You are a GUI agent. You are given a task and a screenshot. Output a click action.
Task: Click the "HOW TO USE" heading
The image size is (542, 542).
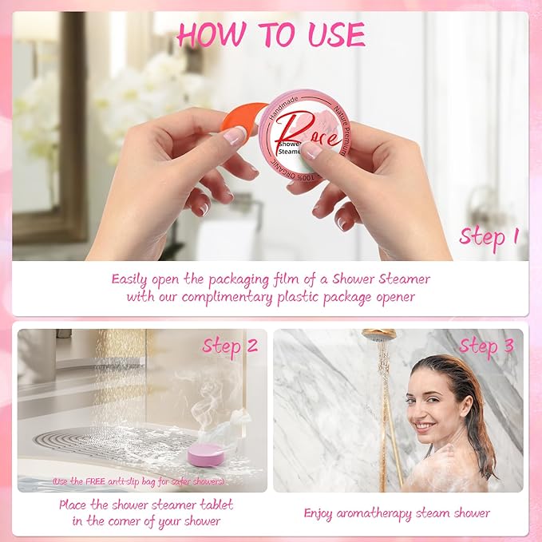coord(271,35)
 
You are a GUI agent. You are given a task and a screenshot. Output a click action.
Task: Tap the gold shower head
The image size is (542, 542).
coord(378,335)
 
